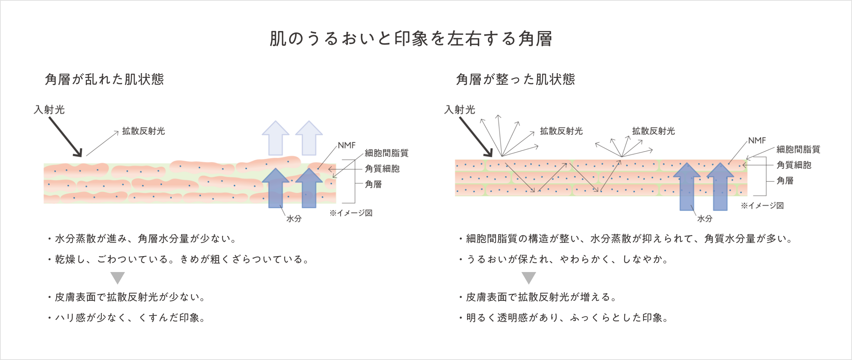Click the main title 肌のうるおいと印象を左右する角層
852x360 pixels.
point(410,39)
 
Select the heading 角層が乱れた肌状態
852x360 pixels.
point(104,79)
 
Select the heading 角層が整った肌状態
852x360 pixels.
point(515,79)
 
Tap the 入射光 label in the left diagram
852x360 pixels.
point(49,110)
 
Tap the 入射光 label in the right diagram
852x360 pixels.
point(460,110)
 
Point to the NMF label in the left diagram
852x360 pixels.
point(346,145)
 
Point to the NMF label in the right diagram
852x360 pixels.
point(757,140)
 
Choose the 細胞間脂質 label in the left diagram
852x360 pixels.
point(386,153)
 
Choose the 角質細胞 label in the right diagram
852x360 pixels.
point(794,165)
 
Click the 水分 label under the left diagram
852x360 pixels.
point(294,219)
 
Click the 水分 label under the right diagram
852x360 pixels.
point(704,219)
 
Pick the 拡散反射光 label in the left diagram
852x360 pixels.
point(143,131)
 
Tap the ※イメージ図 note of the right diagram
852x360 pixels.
point(762,206)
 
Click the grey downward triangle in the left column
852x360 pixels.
point(118,277)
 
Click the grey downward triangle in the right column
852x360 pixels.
point(529,277)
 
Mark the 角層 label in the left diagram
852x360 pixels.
point(373,184)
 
